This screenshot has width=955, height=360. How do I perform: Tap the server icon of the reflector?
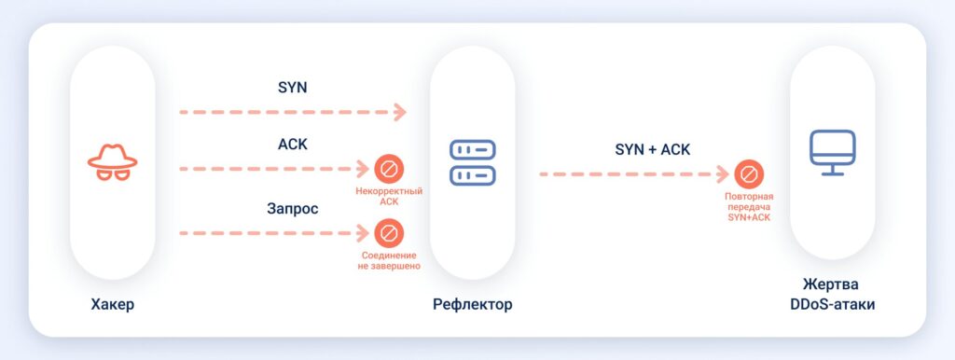click(x=472, y=162)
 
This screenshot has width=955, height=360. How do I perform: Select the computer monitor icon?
click(x=832, y=153)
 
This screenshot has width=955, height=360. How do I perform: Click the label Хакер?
click(x=112, y=305)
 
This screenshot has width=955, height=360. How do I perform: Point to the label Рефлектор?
click(x=472, y=305)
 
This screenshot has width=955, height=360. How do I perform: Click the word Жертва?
click(x=832, y=284)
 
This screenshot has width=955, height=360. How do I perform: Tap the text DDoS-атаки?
click(x=832, y=305)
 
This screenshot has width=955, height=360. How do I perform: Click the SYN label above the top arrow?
click(x=292, y=88)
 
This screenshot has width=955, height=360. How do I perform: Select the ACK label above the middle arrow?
click(x=292, y=145)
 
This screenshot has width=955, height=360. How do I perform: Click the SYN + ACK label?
click(x=652, y=149)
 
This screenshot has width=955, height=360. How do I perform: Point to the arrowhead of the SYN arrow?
click(x=400, y=113)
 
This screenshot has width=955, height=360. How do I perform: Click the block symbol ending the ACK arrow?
click(x=388, y=169)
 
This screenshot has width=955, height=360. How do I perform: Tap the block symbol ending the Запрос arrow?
click(x=388, y=232)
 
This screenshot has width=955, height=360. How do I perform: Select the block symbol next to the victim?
click(x=748, y=174)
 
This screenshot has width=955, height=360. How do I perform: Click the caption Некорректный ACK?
click(x=389, y=196)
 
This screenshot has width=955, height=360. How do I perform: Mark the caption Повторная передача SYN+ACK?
click(x=748, y=207)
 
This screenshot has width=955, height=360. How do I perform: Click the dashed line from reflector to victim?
click(x=634, y=174)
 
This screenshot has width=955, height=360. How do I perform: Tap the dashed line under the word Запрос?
click(x=270, y=232)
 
